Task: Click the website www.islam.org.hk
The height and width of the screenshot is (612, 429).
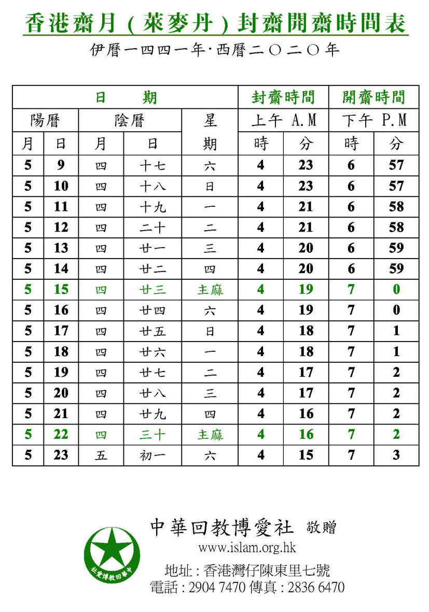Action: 247,548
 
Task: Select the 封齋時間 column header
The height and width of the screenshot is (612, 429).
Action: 283,97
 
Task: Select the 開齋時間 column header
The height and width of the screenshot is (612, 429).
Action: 373,97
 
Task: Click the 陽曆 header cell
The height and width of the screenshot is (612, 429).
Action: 45,120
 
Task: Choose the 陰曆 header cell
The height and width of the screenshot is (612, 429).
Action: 130,120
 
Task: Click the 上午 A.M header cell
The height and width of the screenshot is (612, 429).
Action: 283,120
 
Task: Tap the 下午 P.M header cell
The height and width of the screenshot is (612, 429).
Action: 373,120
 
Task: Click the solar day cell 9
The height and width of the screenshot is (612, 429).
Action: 61,165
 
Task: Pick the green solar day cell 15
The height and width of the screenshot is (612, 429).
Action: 61,289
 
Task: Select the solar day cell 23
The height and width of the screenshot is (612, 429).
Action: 61,455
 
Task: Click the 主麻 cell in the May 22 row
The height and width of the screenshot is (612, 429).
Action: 210,434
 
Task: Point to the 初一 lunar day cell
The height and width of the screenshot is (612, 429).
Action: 153,455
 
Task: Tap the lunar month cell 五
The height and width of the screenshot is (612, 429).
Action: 101,455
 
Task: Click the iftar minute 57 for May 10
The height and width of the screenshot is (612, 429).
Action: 396,186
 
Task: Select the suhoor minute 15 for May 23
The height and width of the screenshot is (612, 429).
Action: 306,455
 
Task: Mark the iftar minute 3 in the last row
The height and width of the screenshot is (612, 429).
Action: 396,455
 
